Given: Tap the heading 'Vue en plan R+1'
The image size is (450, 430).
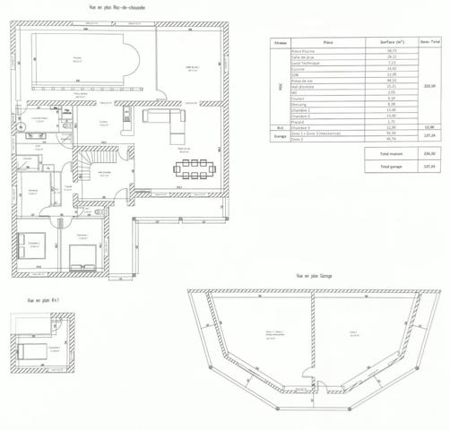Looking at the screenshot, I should coord(42,301).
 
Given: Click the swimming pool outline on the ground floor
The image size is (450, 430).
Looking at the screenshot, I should coord(82,60).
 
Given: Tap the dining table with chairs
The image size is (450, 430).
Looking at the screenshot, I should coord(195,168).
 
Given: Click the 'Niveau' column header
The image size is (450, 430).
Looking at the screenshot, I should coord(281,42).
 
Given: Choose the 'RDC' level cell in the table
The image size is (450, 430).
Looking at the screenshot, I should coord(281,87).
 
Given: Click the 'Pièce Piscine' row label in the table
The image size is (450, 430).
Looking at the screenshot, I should coord(307,52).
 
